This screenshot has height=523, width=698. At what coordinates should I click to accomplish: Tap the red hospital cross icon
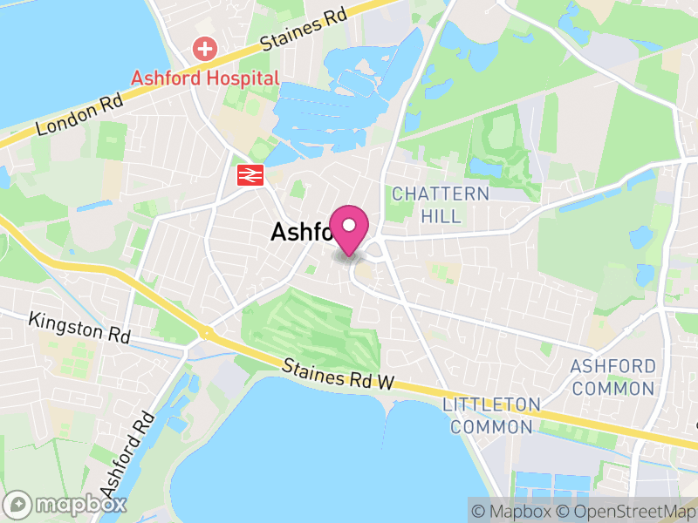(205, 48)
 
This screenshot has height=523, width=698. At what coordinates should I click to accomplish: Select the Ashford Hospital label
(205, 78)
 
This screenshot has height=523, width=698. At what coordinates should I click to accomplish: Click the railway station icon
(250, 174)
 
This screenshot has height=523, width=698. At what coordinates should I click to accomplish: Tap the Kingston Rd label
(79, 329)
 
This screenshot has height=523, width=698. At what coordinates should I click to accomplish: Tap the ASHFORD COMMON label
(612, 377)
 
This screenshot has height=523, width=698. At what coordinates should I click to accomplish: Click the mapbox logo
(67, 504)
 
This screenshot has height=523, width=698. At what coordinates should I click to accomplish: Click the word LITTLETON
(491, 405)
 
